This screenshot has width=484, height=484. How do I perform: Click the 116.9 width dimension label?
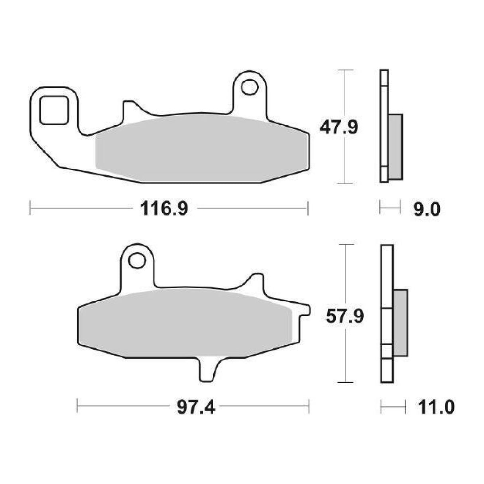(163, 209)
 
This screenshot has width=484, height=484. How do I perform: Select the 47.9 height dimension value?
(339, 127)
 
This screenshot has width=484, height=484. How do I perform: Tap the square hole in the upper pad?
(54, 110)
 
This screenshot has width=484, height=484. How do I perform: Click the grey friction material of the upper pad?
(199, 148)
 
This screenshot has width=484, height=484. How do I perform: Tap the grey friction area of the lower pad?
(183, 323)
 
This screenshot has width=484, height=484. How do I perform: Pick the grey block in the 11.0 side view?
(400, 323)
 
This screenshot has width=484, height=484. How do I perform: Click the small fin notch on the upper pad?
(129, 110)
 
